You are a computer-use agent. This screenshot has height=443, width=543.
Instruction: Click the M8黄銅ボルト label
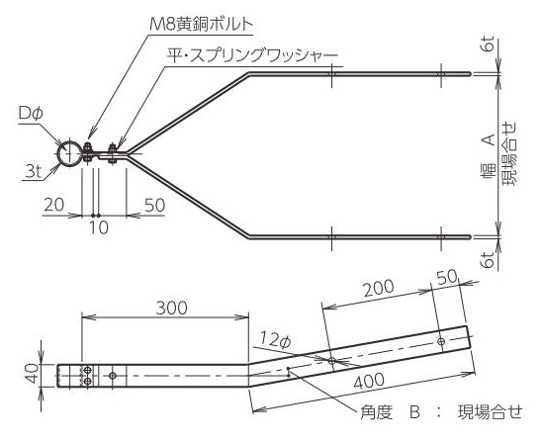201,25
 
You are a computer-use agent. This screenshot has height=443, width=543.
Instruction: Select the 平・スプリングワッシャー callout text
252,56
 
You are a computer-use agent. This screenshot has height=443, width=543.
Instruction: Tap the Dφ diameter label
31,113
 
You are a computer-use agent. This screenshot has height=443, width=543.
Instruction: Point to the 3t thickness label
34,171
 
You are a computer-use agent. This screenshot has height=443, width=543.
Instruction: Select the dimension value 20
54,205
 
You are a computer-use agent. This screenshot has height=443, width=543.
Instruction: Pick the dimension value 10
99,227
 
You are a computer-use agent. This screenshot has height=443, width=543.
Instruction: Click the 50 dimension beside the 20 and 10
154,206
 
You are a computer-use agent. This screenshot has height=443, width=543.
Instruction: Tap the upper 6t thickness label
488,45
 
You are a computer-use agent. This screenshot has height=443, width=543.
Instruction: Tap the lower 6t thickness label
488,259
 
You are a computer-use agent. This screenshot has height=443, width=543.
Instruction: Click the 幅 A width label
489,157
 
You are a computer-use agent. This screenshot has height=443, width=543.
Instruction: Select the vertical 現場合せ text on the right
509,153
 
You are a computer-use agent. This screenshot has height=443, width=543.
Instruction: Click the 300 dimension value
171,308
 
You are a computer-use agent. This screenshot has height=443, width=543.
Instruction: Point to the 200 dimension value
379,288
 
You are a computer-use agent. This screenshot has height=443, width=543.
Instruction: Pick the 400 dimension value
369,381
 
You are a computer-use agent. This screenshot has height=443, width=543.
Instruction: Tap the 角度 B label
390,412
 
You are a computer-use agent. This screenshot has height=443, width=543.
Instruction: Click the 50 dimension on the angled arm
447,277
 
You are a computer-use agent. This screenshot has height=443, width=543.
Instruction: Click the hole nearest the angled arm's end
441,341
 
